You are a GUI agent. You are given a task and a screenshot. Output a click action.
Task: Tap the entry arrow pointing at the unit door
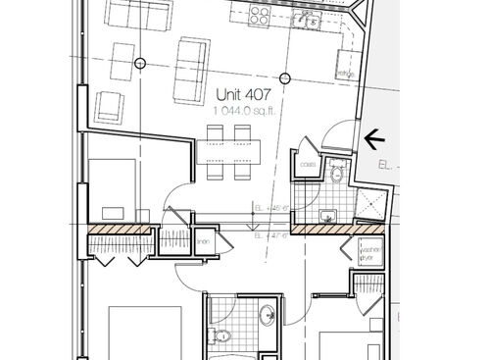pos(373,140)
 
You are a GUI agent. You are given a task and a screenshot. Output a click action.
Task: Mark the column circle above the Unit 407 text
pos(284,77)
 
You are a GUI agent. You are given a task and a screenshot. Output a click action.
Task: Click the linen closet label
pos(204,243)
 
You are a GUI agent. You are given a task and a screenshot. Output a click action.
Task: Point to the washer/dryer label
pos(368,252)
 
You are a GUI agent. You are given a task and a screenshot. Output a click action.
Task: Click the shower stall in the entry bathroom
pos(370,203)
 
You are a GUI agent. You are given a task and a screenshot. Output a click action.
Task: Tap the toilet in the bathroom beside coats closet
pos(336,174)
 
